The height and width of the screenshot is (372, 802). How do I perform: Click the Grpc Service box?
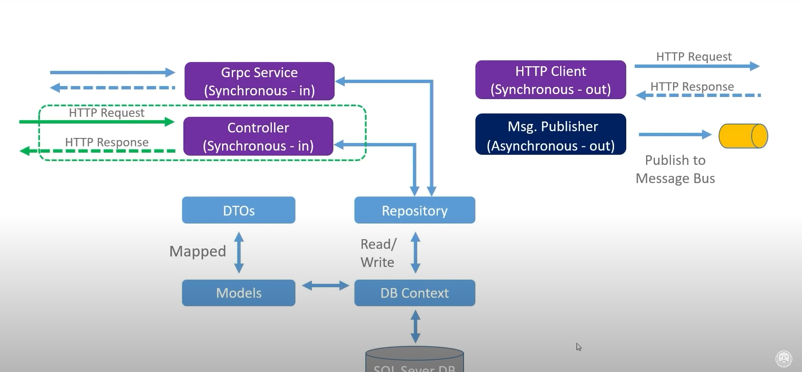tap(259, 81)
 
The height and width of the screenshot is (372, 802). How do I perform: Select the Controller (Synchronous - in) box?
tap(258, 136)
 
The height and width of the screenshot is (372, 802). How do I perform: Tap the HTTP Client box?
tap(550, 80)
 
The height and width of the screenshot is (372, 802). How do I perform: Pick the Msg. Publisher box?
tap(550, 135)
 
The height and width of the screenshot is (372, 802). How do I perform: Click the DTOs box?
tap(239, 210)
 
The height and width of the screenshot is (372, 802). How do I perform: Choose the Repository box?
tap(414, 210)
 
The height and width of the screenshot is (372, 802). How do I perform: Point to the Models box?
tap(239, 293)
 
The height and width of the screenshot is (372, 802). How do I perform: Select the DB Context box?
tap(414, 293)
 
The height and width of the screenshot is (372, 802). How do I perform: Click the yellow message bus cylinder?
tap(743, 136)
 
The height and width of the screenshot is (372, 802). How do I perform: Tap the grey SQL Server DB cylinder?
tap(414, 361)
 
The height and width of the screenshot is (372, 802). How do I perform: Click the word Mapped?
tap(198, 251)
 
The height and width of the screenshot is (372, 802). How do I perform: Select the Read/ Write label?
tap(378, 253)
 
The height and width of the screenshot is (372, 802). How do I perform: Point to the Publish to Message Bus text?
tap(675, 169)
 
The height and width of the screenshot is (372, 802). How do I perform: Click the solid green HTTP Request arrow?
tap(97, 122)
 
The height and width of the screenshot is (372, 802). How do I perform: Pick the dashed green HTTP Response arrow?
tap(97, 151)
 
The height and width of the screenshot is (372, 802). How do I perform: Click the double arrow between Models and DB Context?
tap(325, 286)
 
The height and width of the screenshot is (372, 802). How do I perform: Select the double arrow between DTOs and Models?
tap(239, 252)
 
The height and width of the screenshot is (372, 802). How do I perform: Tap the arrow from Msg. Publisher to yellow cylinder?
tap(674, 135)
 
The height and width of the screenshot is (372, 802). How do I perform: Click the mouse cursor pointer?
tap(579, 347)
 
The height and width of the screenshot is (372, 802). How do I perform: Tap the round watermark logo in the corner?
tap(783, 359)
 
